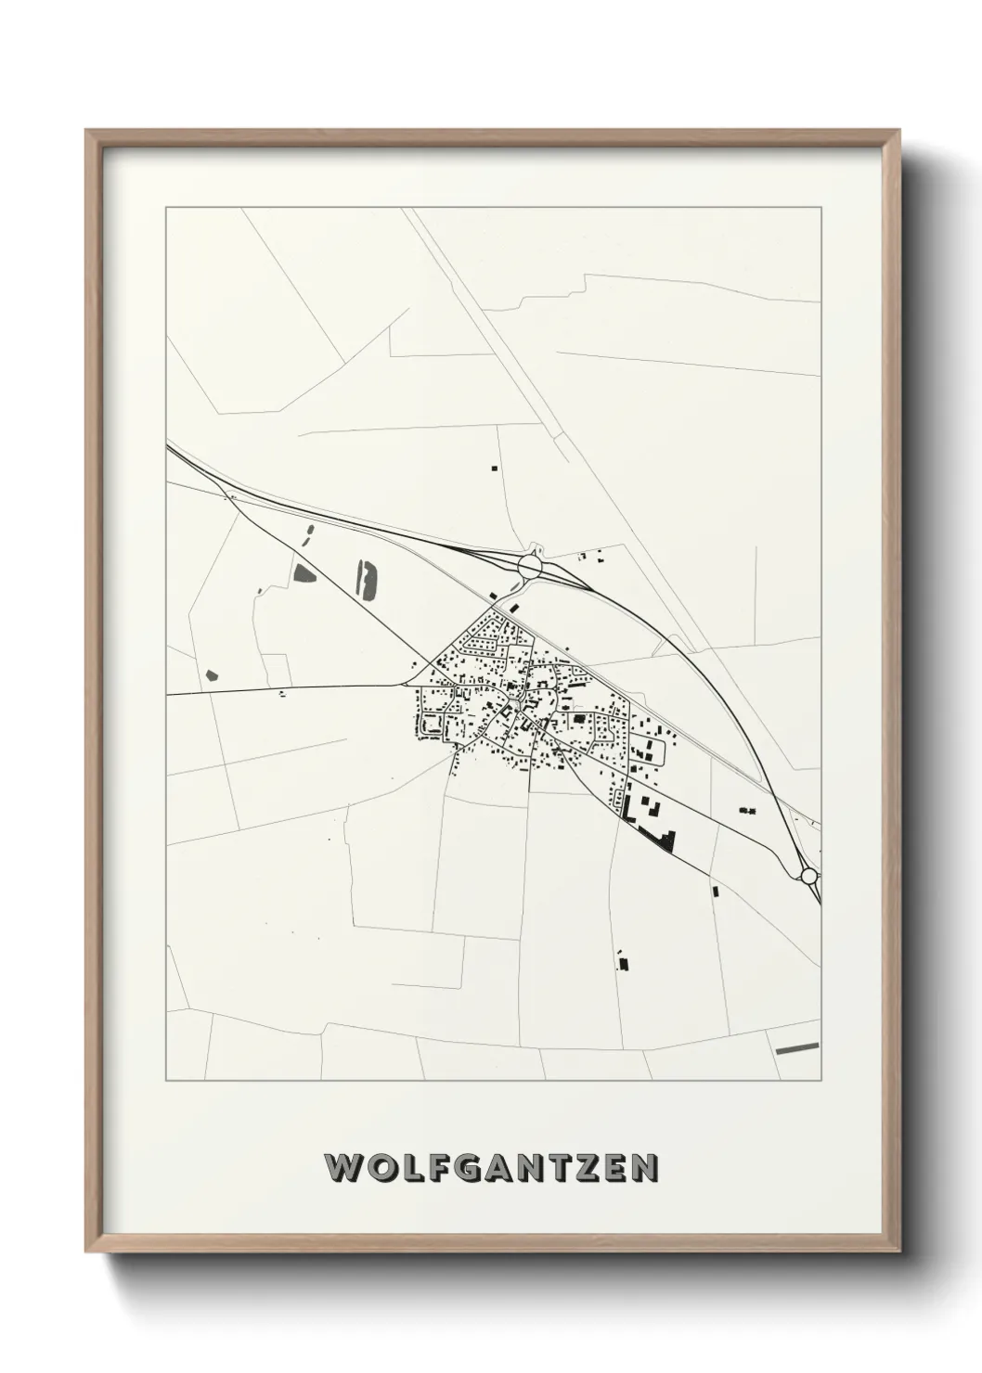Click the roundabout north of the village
530,563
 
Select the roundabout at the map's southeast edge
808,875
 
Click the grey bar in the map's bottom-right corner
797,1048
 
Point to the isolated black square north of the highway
495,468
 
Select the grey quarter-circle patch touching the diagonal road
303,572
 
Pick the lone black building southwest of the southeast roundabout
716,891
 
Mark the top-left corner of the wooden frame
86,131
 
